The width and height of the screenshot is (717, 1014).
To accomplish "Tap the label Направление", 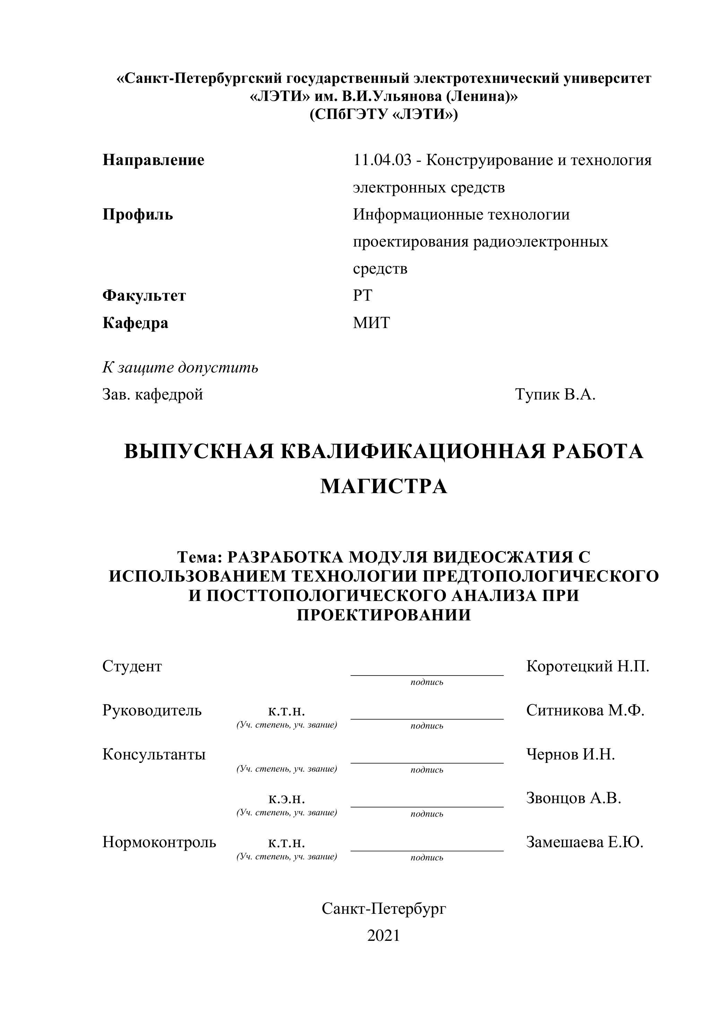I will click(x=153, y=160).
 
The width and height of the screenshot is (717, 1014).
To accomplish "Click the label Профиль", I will click(x=138, y=215).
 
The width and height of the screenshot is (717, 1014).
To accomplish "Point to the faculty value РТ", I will click(x=362, y=295).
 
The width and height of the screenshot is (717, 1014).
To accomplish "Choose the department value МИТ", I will click(x=371, y=323).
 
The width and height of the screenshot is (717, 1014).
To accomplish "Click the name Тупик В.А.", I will click(x=555, y=394).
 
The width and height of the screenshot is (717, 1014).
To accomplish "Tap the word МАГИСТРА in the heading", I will click(x=383, y=487).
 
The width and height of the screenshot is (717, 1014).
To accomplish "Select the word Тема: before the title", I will click(x=201, y=557).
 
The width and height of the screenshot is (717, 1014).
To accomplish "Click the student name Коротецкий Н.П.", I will click(x=587, y=667).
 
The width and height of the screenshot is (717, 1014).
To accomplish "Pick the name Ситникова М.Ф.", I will click(x=585, y=711).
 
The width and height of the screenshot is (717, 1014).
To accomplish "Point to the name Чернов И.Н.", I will click(x=570, y=754).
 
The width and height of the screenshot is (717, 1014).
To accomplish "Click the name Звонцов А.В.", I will click(x=573, y=798).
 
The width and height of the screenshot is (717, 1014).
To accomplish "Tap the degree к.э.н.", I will click(x=286, y=799).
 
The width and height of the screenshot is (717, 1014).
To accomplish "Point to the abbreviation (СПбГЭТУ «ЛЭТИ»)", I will click(x=383, y=115).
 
